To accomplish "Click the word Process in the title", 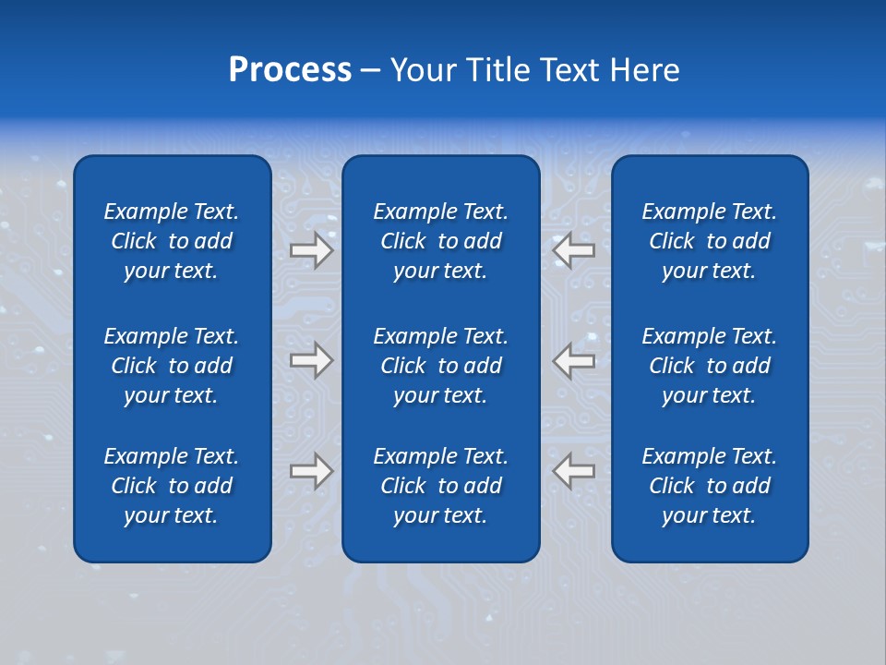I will pos(290,70).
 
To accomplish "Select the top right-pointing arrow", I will pos(311,250).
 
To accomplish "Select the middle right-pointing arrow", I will pos(311,360).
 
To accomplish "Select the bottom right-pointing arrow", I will pos(311,471).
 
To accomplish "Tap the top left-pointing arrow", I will pos(574,250).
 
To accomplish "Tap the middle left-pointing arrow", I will pos(574,360).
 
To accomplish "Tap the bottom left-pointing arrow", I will pos(574,471).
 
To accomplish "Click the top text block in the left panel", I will pos(172,241).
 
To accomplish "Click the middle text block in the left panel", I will pos(172,366).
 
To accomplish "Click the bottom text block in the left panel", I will pos(172,486).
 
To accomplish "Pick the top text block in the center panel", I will pos(440,241).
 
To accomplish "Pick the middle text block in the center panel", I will pos(440,366).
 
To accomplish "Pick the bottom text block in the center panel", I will pos(440,486).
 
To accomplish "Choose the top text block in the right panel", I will pos(709,241).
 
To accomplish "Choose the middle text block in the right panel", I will pos(709,366).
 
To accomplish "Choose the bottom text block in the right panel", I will pos(709,486).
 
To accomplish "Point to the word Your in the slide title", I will pos(422,70).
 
